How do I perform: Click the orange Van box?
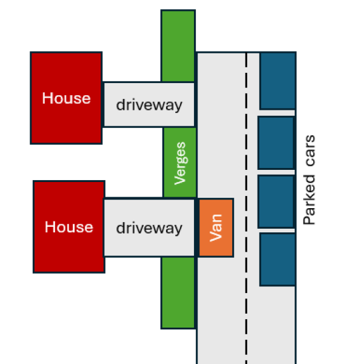click(216, 227)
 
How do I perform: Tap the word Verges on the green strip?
click(180, 163)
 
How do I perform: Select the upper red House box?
click(66, 98)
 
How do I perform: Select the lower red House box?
click(69, 226)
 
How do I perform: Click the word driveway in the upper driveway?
click(149, 105)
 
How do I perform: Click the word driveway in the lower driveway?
click(149, 228)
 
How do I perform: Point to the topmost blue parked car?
click(278, 81)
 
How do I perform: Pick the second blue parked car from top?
click(276, 143)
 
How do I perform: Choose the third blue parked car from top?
click(276, 201)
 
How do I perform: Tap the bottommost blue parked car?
click(278, 259)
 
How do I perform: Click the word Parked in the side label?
click(309, 200)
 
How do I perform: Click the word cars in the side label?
click(310, 150)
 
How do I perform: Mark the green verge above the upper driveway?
click(178, 45)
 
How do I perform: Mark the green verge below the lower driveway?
click(178, 292)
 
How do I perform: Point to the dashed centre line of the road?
click(246, 208)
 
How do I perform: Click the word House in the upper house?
click(66, 98)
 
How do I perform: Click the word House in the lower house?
click(69, 227)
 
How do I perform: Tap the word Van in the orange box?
click(216, 227)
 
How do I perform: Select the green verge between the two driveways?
click(180, 163)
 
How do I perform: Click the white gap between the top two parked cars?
click(277, 113)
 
